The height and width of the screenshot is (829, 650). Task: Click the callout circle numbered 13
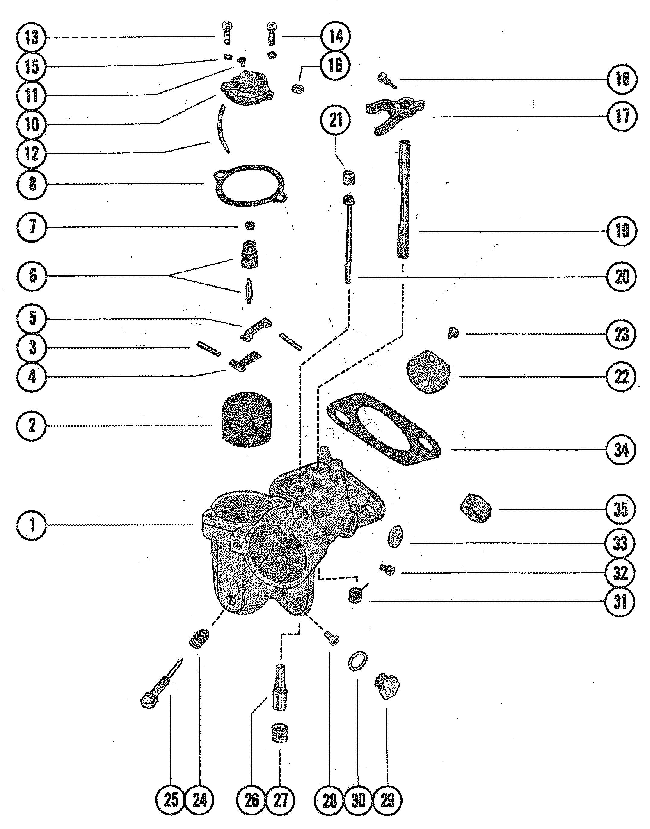[x=32, y=38]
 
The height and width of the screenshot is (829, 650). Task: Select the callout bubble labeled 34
[x=621, y=450]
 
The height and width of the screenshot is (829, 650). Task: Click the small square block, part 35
[x=475, y=509]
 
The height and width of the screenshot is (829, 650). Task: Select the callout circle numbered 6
[x=32, y=275]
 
